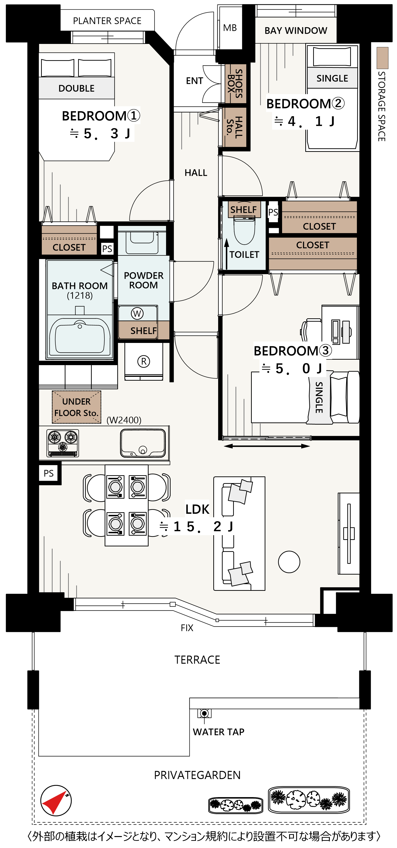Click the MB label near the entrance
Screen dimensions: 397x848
point(230,28)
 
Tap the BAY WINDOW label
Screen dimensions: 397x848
point(296,31)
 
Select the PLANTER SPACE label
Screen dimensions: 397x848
point(107,21)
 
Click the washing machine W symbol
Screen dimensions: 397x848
point(137,313)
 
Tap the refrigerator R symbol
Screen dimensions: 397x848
point(144,362)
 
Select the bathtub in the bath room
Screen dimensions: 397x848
point(80,337)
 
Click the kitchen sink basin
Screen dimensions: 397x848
point(143,443)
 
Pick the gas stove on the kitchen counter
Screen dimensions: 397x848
point(63,443)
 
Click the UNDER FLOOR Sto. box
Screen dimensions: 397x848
point(76,407)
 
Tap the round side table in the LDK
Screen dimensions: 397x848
point(289,562)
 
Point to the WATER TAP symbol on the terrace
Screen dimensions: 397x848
point(204,713)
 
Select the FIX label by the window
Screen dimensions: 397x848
point(187,628)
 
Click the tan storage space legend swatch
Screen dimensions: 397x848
point(382,58)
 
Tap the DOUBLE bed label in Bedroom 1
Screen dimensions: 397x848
point(76,88)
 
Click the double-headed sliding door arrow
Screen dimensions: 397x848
point(267,446)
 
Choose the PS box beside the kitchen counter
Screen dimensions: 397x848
point(49,473)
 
